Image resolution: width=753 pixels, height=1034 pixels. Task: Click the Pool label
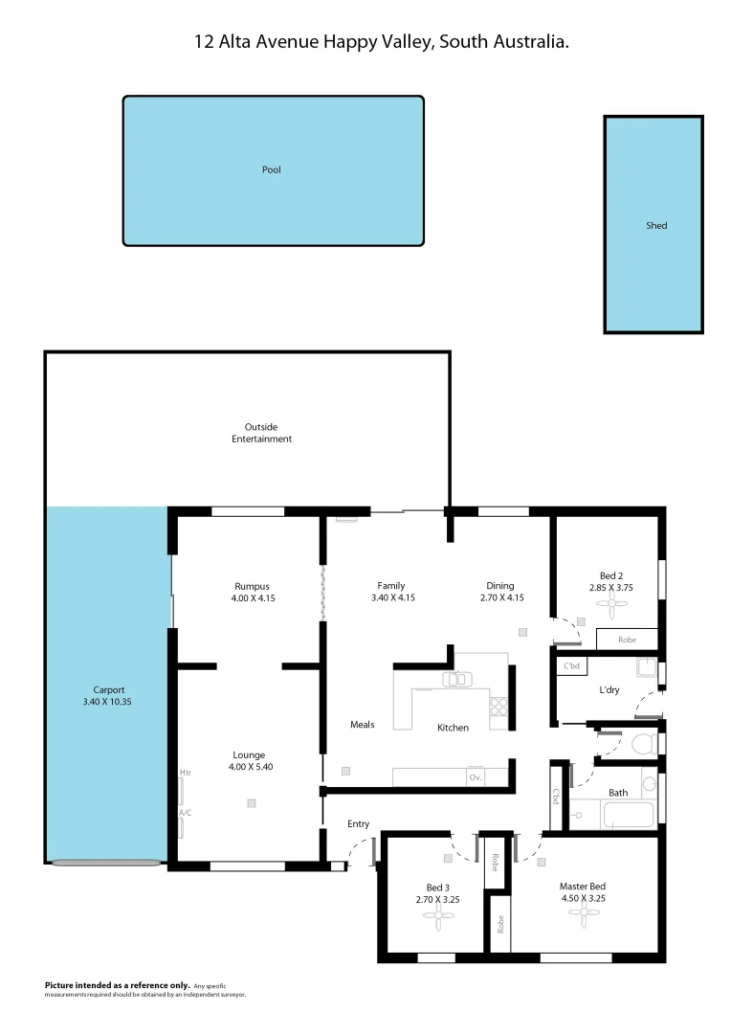point(272,170)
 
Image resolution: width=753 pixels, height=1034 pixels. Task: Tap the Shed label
point(655,226)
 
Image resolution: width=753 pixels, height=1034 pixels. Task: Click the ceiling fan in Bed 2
point(611,604)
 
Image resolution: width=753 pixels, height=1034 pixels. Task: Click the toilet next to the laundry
point(644,743)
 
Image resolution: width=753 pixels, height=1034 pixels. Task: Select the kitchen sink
point(456,679)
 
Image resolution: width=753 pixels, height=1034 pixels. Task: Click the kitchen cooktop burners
point(498,708)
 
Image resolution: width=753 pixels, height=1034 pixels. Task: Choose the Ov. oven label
point(474,777)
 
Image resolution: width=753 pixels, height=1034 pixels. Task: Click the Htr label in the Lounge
point(185,772)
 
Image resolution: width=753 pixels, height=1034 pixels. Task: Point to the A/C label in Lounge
point(185,813)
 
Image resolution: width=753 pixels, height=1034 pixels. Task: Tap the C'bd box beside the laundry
point(572,665)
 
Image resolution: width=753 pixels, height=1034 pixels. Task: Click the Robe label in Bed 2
point(627,640)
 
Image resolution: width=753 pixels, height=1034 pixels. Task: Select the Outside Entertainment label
point(261,433)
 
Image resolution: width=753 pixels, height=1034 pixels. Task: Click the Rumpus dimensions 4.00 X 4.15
point(252,598)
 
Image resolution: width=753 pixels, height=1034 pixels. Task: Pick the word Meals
point(362,725)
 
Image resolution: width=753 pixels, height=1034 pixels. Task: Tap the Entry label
point(358,824)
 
